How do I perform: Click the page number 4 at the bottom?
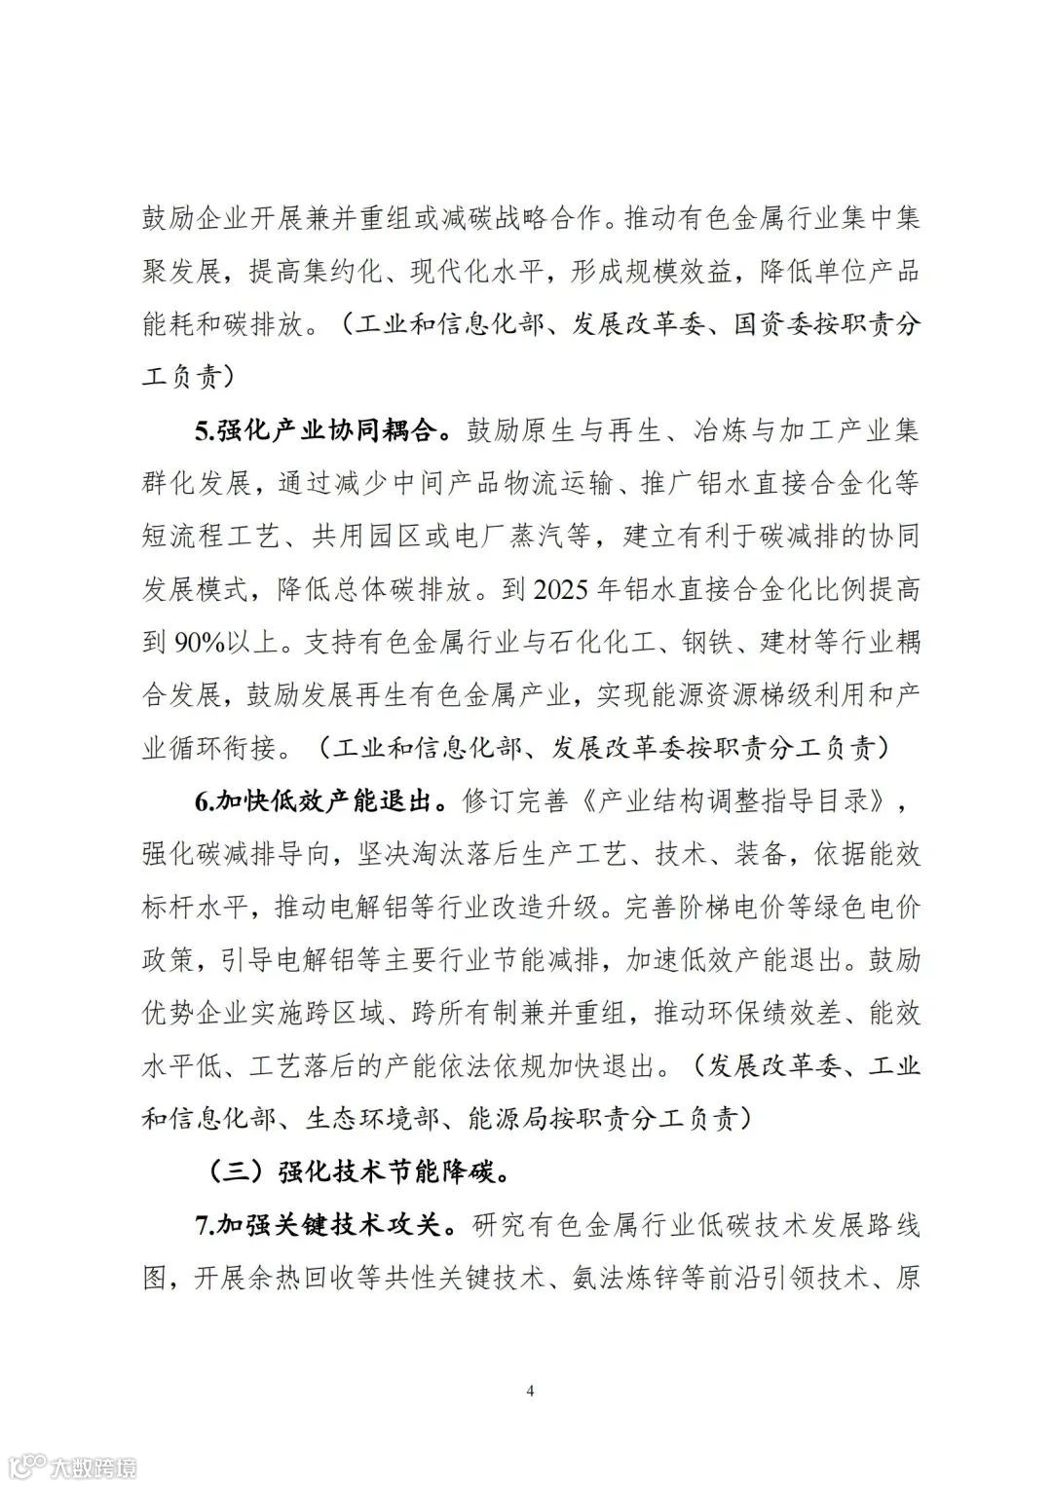pyautogui.click(x=530, y=1390)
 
